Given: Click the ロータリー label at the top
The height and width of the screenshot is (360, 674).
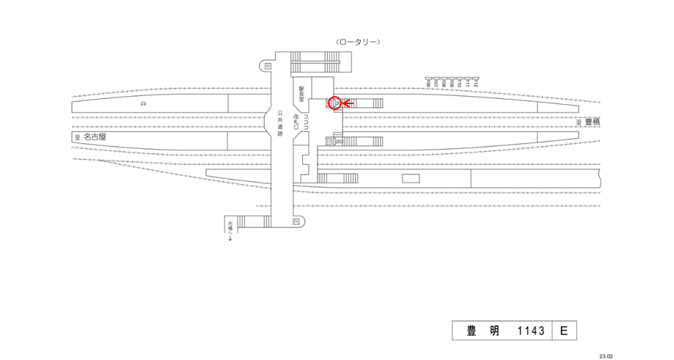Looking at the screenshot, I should (356, 42).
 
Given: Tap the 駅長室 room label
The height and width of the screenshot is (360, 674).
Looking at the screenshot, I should (301, 92).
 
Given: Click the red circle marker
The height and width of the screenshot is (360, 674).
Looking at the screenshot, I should (334, 104).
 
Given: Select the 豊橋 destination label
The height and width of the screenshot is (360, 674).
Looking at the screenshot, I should (592, 122).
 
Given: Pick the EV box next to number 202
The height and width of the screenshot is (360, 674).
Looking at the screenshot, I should (329, 141).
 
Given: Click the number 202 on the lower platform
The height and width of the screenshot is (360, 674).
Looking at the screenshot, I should (339, 141).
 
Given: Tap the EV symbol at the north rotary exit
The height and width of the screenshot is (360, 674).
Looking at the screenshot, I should (268, 66).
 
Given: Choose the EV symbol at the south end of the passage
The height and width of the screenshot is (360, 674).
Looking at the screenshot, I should (296, 221).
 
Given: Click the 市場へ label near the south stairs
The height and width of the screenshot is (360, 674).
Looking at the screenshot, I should (230, 228).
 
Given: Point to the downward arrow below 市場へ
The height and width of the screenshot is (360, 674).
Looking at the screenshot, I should (230, 239).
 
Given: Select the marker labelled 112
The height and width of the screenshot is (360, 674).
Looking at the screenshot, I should (475, 81).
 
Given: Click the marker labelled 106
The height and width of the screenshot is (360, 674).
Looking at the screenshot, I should (428, 81).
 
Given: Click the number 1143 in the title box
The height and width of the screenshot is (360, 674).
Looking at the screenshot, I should (531, 331).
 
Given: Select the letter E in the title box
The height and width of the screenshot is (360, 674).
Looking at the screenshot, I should (563, 331).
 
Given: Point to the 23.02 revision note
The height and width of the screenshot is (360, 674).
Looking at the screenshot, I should (606, 354).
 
